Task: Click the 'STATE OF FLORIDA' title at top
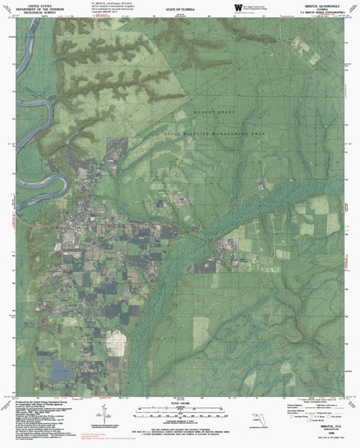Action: pyautogui.click(x=180, y=8)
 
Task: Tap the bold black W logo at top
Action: pyautogui.click(x=238, y=8)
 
